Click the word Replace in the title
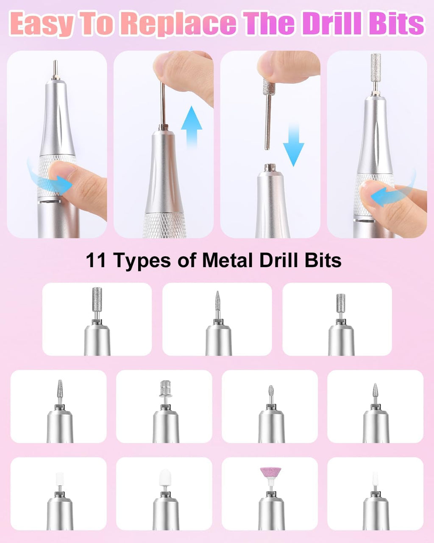tap(178, 24)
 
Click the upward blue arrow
tap(192, 125)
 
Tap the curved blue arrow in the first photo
tap(49, 178)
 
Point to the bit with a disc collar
tap(164, 389)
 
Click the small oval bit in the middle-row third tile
tap(271, 392)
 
